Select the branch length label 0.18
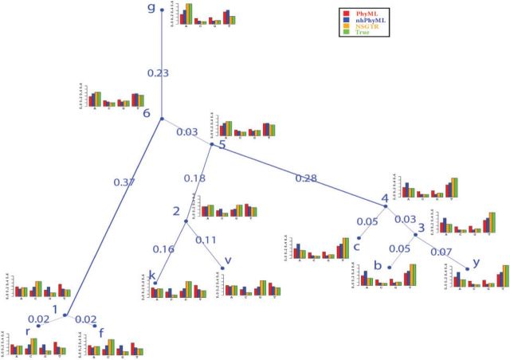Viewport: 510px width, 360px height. click(194, 177)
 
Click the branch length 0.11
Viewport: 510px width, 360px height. click(206, 240)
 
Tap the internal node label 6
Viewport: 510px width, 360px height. click(147, 113)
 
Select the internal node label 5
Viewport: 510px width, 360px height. click(222, 145)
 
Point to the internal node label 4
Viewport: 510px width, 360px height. click(384, 198)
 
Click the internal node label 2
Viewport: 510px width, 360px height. click(175, 213)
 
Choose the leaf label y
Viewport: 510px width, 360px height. click(477, 260)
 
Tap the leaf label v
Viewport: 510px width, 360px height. click(228, 260)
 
